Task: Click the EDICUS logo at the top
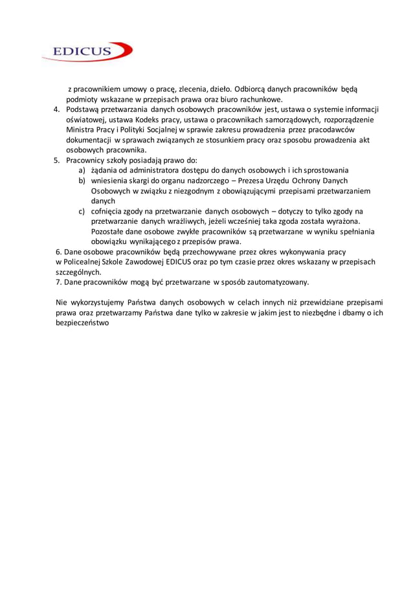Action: click(x=87, y=51)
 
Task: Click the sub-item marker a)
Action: click(x=83, y=170)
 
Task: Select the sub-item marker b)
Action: click(x=83, y=180)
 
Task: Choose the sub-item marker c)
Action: click(x=83, y=211)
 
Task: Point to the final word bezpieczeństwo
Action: click(x=82, y=323)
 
